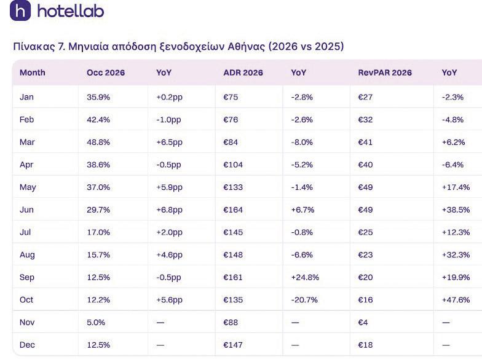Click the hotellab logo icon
pyautogui.click(x=20, y=10)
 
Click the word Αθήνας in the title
pyautogui.click(x=246, y=47)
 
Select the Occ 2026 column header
pyautogui.click(x=106, y=72)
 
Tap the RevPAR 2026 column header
pyautogui.click(x=385, y=72)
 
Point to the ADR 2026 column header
pyautogui.click(x=243, y=72)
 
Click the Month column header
pyautogui.click(x=32, y=72)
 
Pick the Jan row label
pyautogui.click(x=26, y=97)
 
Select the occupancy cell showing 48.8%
pyautogui.click(x=98, y=143)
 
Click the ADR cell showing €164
pyautogui.click(x=233, y=210)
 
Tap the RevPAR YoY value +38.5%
pyautogui.click(x=456, y=210)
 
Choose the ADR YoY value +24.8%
pyautogui.click(x=305, y=278)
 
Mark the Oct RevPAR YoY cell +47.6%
pyautogui.click(x=456, y=300)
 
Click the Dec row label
pyautogui.click(x=27, y=345)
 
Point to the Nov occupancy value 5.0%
pyautogui.click(x=96, y=323)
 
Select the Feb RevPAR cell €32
pyautogui.click(x=365, y=119)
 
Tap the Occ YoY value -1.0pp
pyautogui.click(x=168, y=120)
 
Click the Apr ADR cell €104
pyautogui.click(x=233, y=165)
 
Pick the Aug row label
pyautogui.click(x=27, y=255)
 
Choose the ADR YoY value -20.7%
pyautogui.click(x=304, y=300)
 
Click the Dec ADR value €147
pyautogui.click(x=233, y=345)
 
